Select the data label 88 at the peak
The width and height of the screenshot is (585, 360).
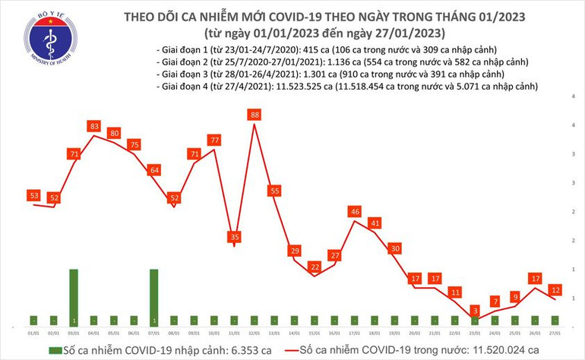255,115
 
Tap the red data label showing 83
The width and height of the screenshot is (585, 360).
94,125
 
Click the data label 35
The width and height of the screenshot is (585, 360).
235,236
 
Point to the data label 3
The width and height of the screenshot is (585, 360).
474,311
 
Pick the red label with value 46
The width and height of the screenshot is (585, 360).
354,211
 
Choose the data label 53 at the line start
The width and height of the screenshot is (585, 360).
35,196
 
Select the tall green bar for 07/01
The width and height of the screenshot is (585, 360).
154,297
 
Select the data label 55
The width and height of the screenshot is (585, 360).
275,191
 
